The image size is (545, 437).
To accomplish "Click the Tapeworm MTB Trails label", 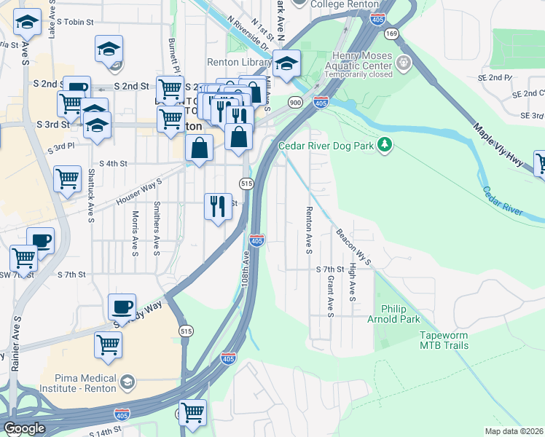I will [444, 340].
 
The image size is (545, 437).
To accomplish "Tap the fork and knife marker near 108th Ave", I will [218, 206].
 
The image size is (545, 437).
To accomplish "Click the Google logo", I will [24, 428].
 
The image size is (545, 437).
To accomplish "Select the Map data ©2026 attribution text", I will [513, 431].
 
